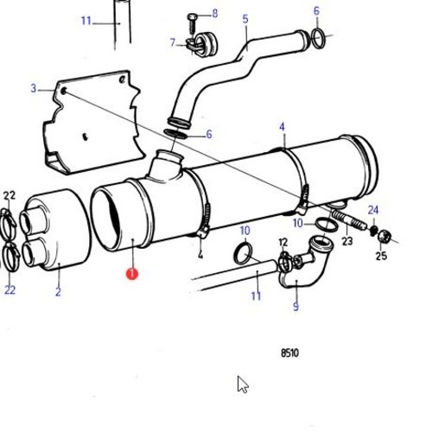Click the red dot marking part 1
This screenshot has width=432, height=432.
131,274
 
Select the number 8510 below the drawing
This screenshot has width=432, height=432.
291,353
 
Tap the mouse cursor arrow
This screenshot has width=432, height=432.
243,384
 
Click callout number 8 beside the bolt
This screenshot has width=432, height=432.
215,14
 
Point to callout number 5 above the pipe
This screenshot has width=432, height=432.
245,19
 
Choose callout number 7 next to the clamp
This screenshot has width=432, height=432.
173,42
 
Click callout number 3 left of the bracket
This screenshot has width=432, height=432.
34,88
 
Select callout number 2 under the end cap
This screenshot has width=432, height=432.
58,293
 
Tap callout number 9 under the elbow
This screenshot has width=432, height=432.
295,306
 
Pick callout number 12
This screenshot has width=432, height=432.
283,243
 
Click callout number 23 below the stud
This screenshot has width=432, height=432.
347,242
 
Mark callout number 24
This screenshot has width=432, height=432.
373,210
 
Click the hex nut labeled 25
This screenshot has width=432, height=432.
384,235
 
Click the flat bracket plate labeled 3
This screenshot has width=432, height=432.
91,121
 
